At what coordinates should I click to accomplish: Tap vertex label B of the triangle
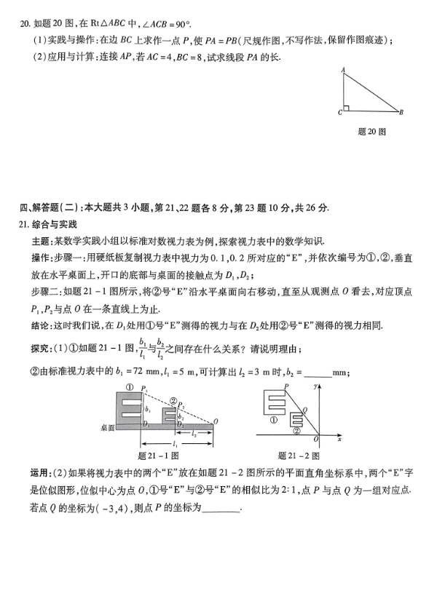(x=401, y=112)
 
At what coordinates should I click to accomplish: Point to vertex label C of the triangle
(x=339, y=114)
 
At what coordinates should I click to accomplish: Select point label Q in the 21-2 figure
(x=304, y=410)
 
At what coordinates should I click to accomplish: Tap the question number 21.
(x=23, y=223)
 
